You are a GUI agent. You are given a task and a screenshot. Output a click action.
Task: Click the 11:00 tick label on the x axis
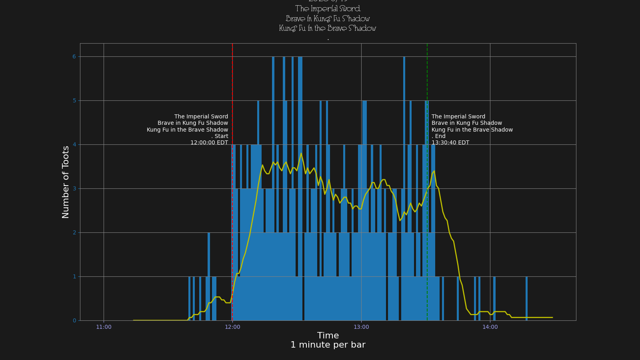[x=104, y=327]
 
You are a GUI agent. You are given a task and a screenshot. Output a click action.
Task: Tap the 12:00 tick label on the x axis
[x=232, y=327]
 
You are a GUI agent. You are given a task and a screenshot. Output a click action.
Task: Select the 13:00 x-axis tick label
[x=361, y=327]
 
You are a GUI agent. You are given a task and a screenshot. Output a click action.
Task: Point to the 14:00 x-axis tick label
[x=490, y=327]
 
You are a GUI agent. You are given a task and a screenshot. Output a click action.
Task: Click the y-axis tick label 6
[x=74, y=57]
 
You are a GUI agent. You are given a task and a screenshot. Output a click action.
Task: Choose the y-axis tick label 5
[x=74, y=101]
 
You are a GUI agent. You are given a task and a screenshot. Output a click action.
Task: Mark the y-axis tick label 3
[x=74, y=189]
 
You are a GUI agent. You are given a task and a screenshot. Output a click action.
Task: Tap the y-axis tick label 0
[x=74, y=320]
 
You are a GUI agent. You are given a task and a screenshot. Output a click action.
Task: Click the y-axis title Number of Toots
[x=66, y=182]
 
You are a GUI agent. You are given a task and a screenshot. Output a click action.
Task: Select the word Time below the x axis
[x=328, y=336]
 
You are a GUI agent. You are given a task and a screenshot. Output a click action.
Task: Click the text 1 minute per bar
[x=328, y=345]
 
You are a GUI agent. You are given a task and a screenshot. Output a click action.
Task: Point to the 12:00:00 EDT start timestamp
[x=209, y=143]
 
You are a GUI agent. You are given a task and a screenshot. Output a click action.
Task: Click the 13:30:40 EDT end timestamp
[x=450, y=143]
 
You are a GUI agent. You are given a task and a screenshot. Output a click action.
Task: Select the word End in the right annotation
[x=440, y=136]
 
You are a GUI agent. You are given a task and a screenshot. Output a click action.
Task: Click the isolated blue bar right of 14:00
[x=526, y=298]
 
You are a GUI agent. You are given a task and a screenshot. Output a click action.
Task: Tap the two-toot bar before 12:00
[x=209, y=276]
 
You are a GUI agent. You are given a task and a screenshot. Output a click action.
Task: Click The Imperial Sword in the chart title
[x=328, y=9]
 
